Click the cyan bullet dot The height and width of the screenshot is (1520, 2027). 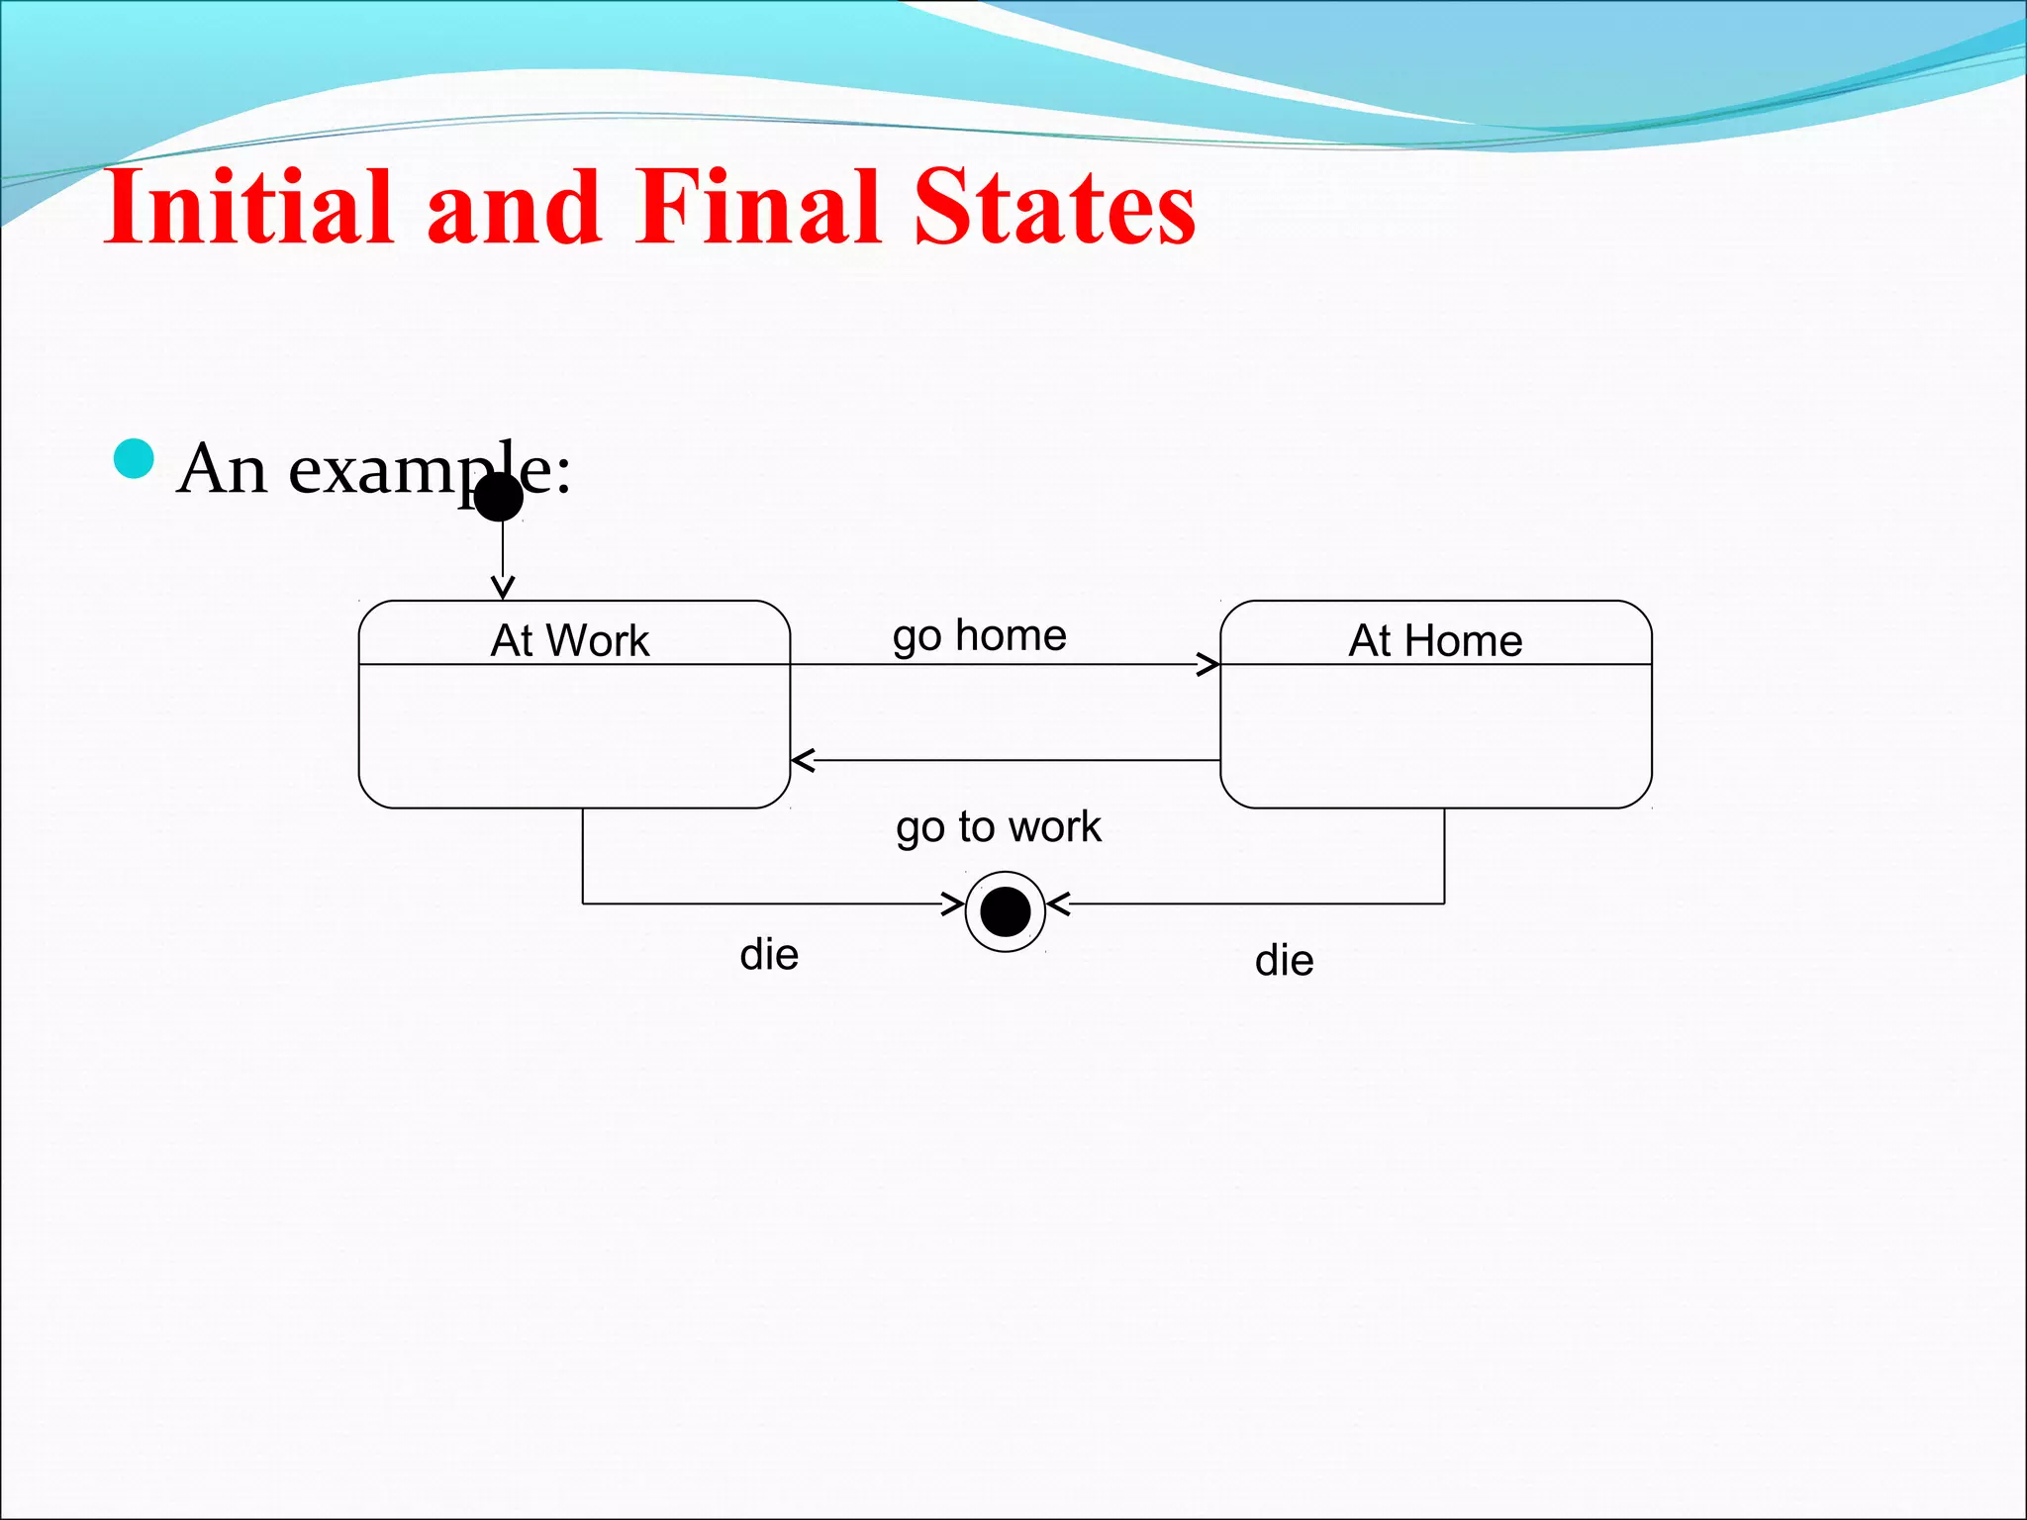(135, 459)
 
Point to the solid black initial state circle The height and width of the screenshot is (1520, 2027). (499, 497)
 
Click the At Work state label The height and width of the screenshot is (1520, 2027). (570, 640)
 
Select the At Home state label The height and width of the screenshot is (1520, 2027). (1435, 640)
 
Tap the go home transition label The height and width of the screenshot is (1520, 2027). (980, 635)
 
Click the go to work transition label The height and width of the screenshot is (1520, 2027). (999, 826)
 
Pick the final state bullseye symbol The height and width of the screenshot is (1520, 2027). (1006, 911)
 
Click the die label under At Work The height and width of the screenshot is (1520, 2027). (769, 955)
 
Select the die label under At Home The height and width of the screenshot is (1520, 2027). (1284, 961)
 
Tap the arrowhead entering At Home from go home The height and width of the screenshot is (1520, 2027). (1208, 665)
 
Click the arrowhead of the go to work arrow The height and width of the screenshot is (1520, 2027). (803, 761)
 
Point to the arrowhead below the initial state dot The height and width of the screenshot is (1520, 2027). (503, 588)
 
